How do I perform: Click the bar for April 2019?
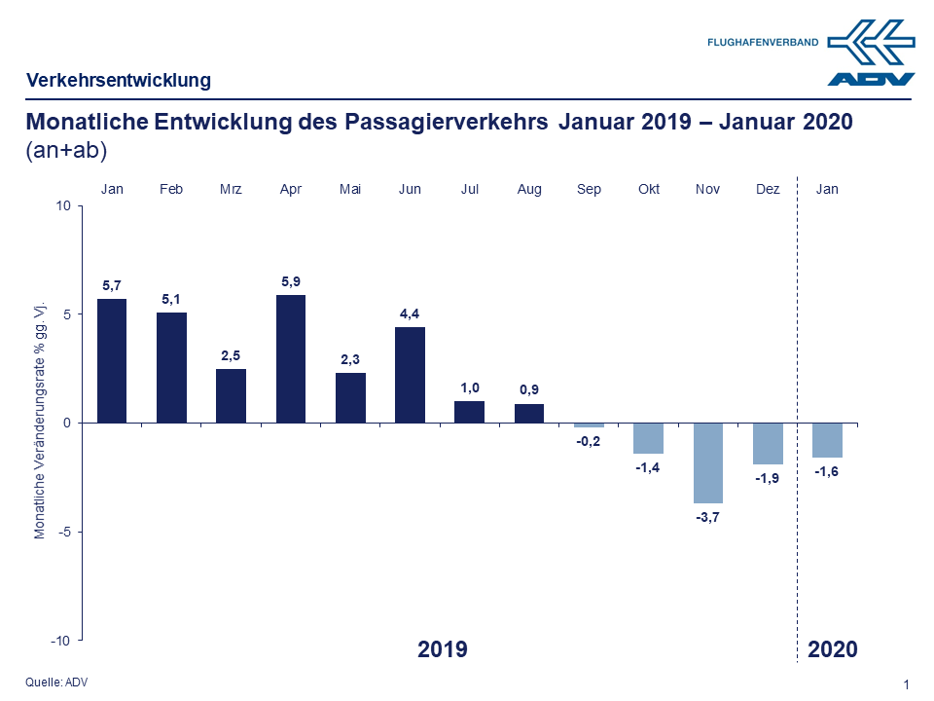[291, 358]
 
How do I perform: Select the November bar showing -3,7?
[707, 462]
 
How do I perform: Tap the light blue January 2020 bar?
[827, 440]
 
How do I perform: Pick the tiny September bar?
[589, 425]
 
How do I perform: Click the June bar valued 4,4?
[410, 375]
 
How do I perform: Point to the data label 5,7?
[112, 285]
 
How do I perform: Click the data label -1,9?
[768, 478]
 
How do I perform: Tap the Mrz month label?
[231, 189]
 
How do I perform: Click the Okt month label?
[648, 189]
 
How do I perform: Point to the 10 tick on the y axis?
[64, 205]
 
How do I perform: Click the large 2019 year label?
[443, 649]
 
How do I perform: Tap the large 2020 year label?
[833, 649]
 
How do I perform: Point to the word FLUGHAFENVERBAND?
[763, 43]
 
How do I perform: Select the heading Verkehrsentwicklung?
[118, 80]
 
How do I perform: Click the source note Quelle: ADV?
[56, 683]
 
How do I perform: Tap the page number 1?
[907, 685]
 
